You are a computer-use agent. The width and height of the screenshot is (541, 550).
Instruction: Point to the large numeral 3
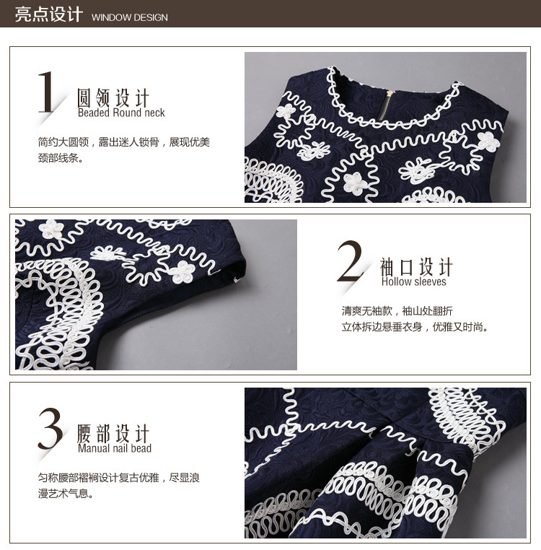pyautogui.click(x=50, y=428)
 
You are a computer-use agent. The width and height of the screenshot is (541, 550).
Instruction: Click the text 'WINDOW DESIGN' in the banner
pyautogui.click(x=129, y=17)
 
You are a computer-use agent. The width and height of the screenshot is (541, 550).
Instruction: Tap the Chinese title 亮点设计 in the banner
pyautogui.click(x=49, y=14)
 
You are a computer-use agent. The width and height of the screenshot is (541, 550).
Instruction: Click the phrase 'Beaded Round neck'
pyautogui.click(x=121, y=113)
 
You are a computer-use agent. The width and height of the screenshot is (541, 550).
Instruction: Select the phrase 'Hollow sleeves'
pyautogui.click(x=414, y=281)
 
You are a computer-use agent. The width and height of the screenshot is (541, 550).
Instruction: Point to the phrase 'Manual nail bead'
pyautogui.click(x=115, y=448)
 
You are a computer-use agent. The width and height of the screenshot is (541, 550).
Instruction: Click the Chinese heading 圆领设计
pyautogui.click(x=113, y=97)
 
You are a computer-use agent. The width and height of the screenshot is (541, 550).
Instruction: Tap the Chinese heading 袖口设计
pyautogui.click(x=416, y=266)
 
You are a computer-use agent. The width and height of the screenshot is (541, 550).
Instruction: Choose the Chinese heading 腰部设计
pyautogui.click(x=113, y=433)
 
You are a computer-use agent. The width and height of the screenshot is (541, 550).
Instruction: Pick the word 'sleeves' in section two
pyautogui.click(x=430, y=281)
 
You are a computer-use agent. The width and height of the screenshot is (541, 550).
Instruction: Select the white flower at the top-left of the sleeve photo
pyautogui.click(x=51, y=229)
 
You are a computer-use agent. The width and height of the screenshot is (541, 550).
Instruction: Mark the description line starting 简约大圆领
pyautogui.click(x=124, y=142)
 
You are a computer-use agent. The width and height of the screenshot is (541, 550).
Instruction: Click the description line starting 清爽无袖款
pyautogui.click(x=397, y=311)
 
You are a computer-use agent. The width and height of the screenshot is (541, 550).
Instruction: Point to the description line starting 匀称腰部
pyautogui.click(x=118, y=478)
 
